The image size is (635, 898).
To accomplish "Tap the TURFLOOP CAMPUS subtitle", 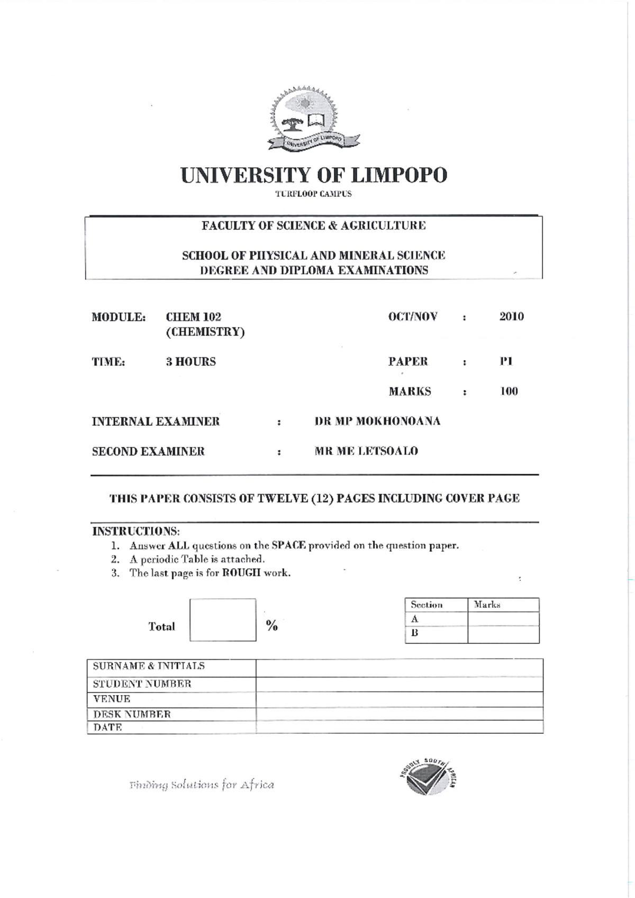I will point(313,194).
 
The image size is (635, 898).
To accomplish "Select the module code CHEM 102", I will point(193,317).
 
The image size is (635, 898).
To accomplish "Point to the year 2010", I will point(511,317).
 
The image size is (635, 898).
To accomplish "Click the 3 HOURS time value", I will point(190,362).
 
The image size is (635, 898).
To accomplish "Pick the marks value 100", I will point(509,391).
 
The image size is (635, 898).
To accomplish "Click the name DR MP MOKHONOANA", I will point(377,421).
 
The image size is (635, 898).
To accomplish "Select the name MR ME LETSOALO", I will point(366,451).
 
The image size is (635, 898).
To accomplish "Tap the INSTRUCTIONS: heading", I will point(136,531).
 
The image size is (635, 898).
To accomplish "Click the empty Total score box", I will point(223,620).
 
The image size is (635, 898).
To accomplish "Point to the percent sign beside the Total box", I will point(272,626).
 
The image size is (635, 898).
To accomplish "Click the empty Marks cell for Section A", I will point(503,619).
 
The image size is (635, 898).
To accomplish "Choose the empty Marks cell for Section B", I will point(503,634).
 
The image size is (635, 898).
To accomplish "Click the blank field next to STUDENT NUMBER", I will point(399,684).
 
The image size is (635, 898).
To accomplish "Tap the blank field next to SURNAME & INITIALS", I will point(399,667).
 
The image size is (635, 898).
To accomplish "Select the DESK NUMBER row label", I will point(132,714).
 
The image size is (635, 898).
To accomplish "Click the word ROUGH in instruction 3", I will point(241,573).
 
